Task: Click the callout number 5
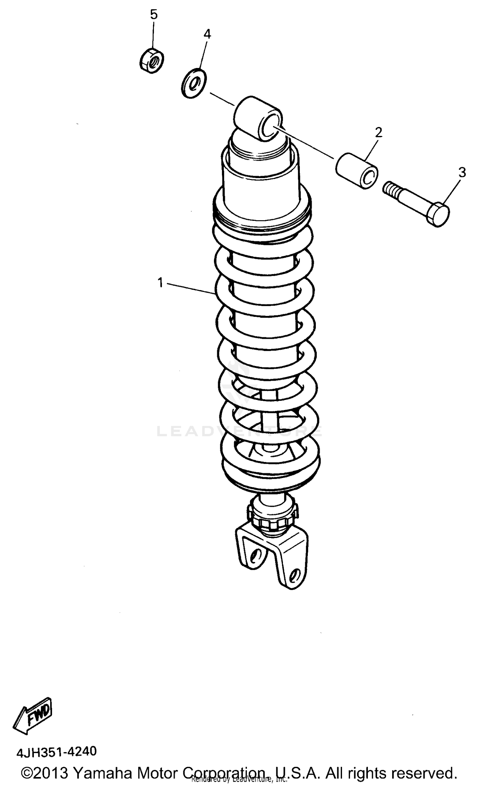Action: point(154,15)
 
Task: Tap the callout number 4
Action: point(207,34)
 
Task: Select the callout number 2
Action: point(378,132)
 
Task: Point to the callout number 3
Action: point(462,172)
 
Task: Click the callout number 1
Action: point(160,282)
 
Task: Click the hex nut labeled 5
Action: point(152,60)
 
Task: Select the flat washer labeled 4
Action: point(194,83)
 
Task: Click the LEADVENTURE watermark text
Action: point(240,432)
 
